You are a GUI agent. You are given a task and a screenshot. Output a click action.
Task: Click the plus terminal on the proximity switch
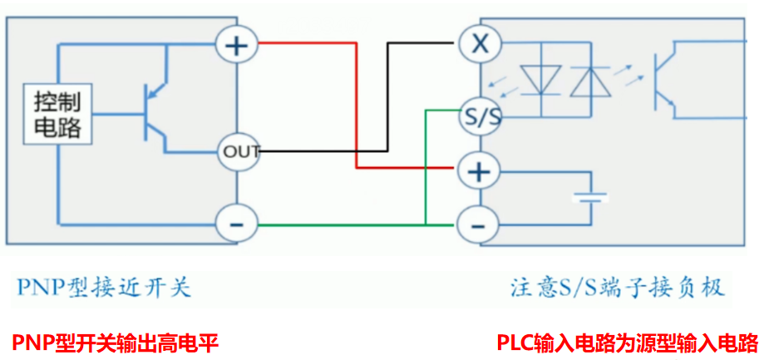(x=238, y=44)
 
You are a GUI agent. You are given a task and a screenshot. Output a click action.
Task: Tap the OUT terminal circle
(x=239, y=151)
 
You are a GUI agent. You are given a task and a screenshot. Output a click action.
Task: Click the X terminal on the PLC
(x=480, y=44)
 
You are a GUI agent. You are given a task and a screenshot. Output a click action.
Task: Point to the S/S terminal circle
(x=480, y=117)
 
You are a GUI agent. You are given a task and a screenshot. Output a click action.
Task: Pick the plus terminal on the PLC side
(x=479, y=172)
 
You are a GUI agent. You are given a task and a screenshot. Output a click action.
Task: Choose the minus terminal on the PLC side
(x=478, y=224)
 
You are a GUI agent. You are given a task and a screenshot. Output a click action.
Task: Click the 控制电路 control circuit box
(x=57, y=115)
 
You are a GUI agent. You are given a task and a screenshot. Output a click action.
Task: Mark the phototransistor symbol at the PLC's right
(x=665, y=81)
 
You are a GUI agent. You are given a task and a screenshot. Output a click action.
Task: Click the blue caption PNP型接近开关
(x=102, y=288)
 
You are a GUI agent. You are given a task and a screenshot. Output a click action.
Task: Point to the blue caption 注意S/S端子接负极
(x=617, y=288)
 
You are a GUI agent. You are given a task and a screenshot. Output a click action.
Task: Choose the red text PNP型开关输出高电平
(x=115, y=342)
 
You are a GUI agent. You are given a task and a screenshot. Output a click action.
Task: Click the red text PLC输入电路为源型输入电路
(x=628, y=342)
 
